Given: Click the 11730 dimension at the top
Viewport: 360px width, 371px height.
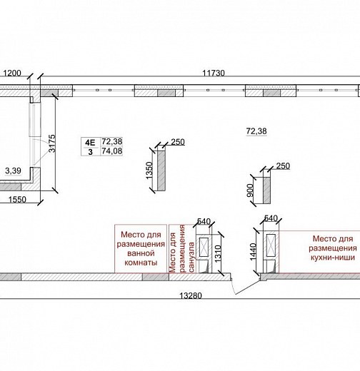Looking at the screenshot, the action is pyautogui.click(x=214, y=73).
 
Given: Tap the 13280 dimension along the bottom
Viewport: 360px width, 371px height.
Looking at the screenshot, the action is pyautogui.click(x=190, y=295).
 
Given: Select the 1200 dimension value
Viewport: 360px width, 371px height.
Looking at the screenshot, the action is pyautogui.click(x=12, y=73).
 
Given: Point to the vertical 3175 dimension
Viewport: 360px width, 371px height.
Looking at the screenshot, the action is pyautogui.click(x=52, y=143).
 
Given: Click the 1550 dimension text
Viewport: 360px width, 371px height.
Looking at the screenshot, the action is pyautogui.click(x=17, y=199).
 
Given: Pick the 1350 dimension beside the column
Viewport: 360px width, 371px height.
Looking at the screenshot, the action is pyautogui.click(x=149, y=171).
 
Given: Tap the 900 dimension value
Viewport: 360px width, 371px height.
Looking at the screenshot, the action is pyautogui.click(x=250, y=190).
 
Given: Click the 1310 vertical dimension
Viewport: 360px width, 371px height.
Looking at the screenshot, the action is pyautogui.click(x=218, y=253).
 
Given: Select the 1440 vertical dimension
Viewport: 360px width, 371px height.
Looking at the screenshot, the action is pyautogui.click(x=254, y=252).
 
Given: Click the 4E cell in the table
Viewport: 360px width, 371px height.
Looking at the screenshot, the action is pyautogui.click(x=90, y=143).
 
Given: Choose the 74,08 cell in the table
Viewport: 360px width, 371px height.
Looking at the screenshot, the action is pyautogui.click(x=112, y=151).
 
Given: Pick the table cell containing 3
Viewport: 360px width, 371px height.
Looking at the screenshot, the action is pyautogui.click(x=90, y=152).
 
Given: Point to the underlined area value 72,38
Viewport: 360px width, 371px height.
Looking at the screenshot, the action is pyautogui.click(x=256, y=131).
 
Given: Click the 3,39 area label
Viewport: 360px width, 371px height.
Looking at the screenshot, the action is pyautogui.click(x=13, y=171).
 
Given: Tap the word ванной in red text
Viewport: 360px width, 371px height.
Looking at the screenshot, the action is pyautogui.click(x=141, y=253).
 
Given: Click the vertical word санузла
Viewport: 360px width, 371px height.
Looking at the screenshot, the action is pyautogui.click(x=191, y=257).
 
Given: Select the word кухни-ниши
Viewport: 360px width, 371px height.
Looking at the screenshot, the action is pyautogui.click(x=333, y=258).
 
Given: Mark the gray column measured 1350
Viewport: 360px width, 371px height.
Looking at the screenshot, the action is pyautogui.click(x=161, y=171).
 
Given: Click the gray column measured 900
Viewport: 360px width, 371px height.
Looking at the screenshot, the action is pyautogui.click(x=266, y=190).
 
